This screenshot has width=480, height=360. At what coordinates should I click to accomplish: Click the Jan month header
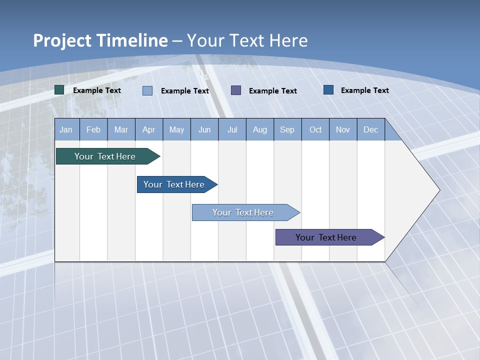66,129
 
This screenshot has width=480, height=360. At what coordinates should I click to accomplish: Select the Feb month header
93,129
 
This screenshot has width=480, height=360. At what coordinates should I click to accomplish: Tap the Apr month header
148,129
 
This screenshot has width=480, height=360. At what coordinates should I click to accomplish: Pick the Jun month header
204,129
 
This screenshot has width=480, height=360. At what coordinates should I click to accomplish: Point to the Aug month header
259,129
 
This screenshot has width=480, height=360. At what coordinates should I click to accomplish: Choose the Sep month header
287,129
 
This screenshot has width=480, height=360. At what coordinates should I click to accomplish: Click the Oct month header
315,129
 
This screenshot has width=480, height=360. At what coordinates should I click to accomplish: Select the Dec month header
370,129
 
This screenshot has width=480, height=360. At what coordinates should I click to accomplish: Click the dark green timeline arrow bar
105,156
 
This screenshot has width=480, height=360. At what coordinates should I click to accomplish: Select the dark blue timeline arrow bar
174,184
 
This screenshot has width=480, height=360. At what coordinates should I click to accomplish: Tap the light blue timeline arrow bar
243,212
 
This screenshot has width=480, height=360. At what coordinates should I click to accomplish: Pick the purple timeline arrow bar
326,237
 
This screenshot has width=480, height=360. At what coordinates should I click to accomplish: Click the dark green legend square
59,90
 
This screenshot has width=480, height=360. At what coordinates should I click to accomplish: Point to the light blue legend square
147,90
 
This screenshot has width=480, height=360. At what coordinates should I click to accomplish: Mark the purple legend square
236,90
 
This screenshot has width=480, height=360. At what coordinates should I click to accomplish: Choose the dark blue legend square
328,90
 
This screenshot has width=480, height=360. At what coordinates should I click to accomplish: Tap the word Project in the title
62,40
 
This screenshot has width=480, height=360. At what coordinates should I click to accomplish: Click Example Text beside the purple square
272,91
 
